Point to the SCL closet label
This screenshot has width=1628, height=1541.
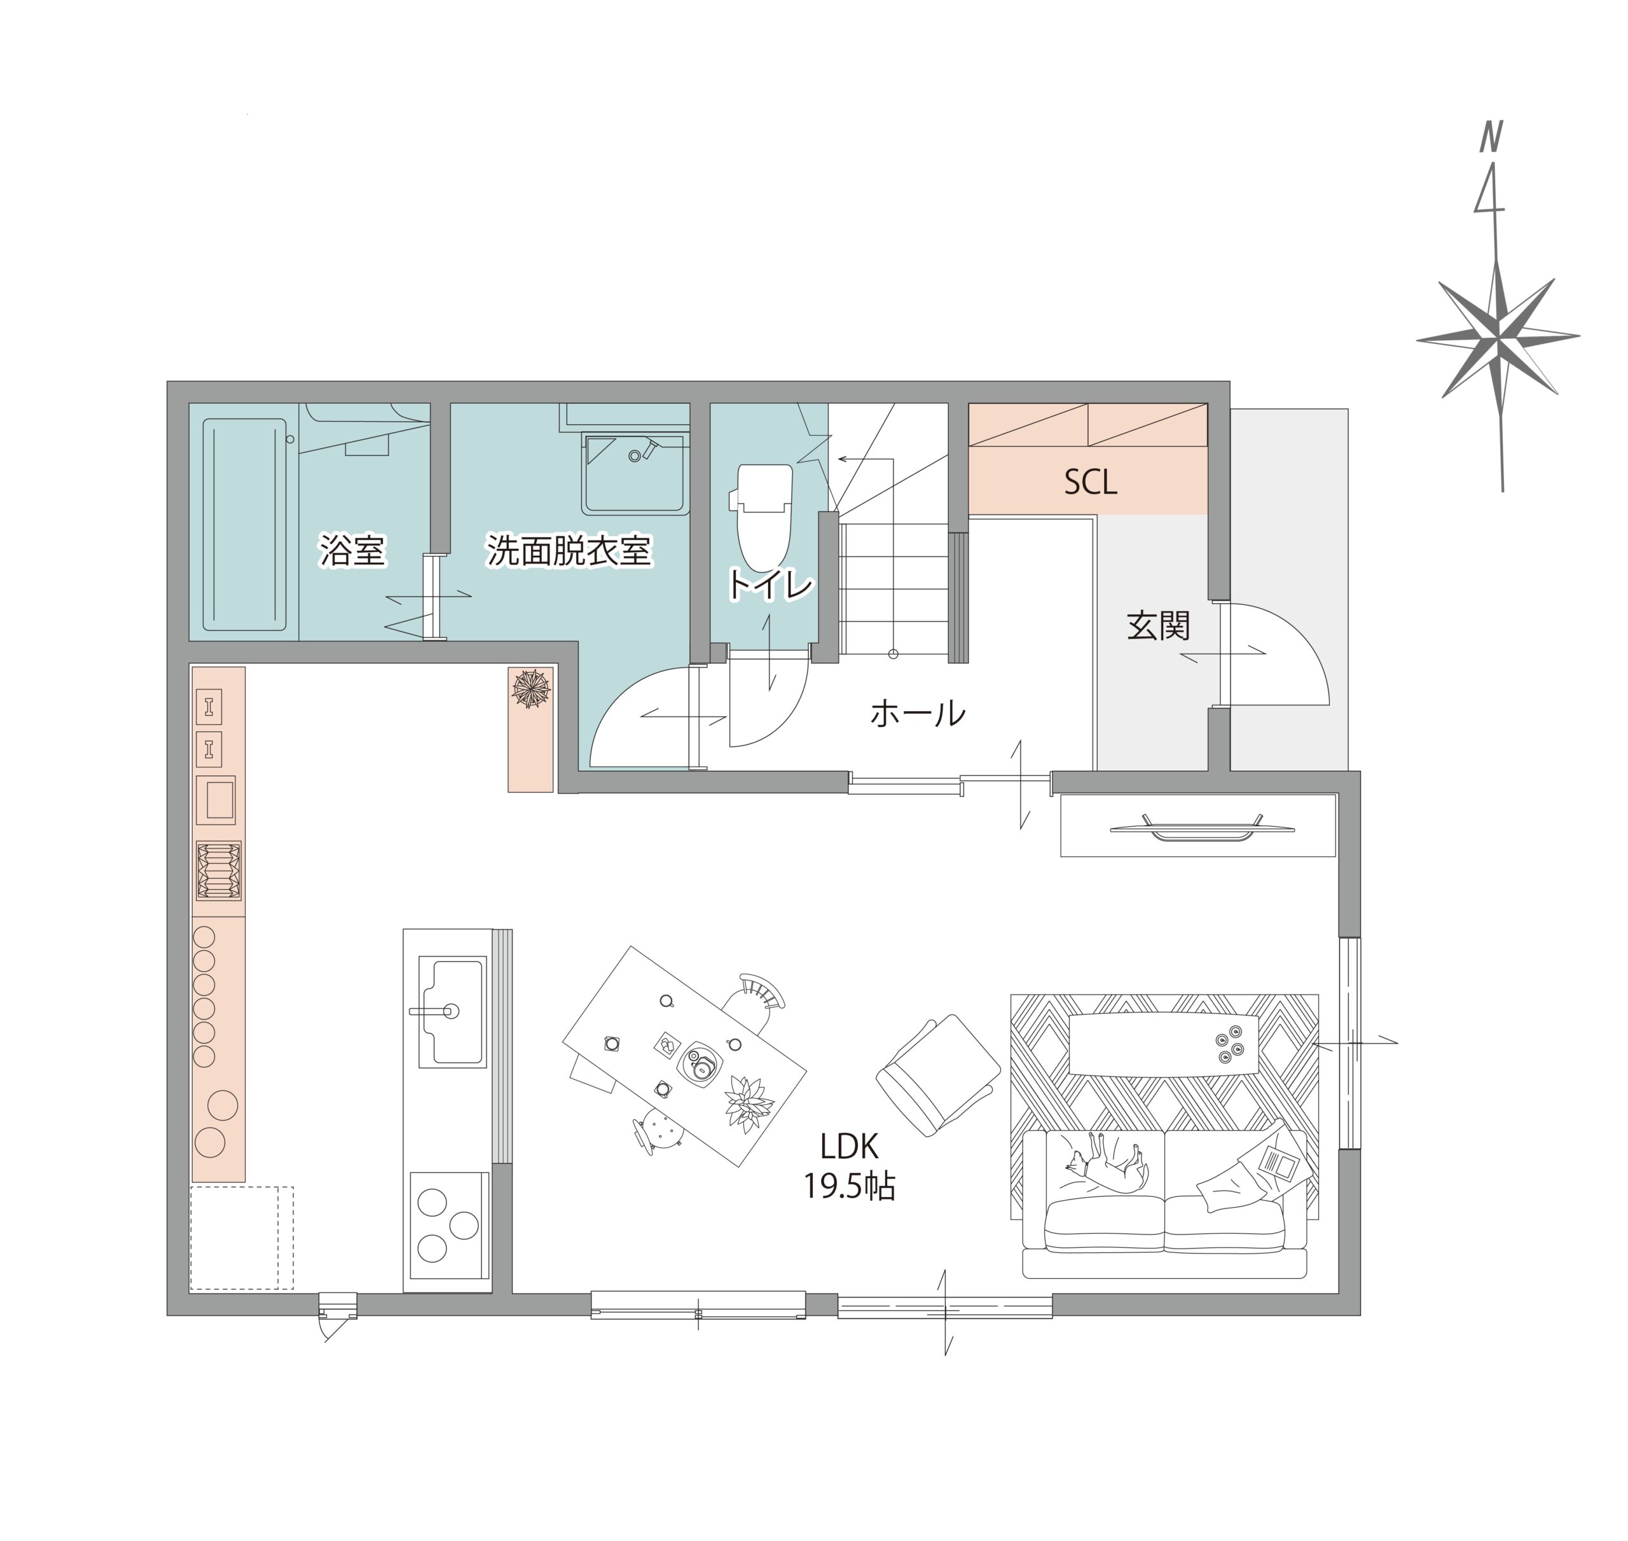tap(1090, 482)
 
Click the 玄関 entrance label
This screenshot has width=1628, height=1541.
tap(1158, 626)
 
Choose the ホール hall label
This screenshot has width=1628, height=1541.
tap(918, 714)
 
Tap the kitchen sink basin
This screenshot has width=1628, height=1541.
tap(452, 1011)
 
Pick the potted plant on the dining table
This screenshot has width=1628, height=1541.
tap(748, 1103)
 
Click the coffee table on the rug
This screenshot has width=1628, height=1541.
tap(1164, 1045)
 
